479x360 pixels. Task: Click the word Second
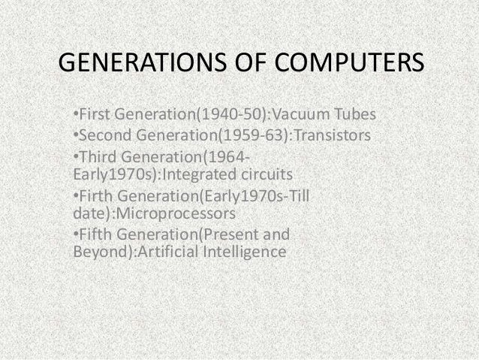104,136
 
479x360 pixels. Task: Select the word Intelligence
243,252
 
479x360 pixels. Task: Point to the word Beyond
96,252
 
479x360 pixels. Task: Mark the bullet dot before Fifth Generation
75,234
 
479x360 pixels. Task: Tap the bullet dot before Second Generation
75,137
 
